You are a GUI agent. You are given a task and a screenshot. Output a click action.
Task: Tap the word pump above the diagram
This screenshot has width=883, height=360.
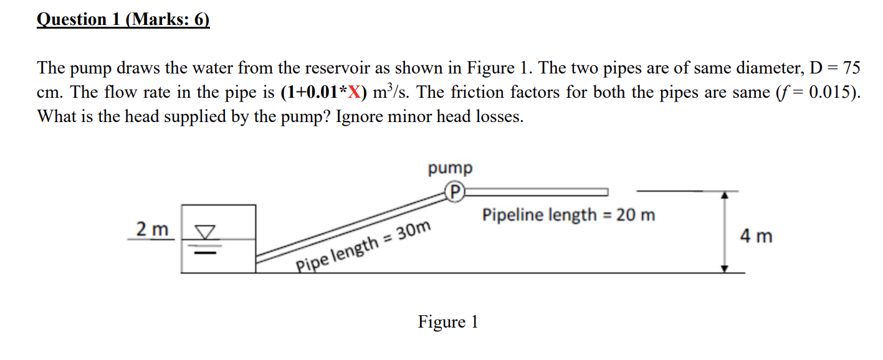tap(450, 168)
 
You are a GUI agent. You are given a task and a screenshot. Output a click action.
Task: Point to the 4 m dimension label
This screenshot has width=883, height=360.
tap(756, 237)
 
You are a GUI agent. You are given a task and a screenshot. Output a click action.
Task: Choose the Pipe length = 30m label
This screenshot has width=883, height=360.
tap(363, 247)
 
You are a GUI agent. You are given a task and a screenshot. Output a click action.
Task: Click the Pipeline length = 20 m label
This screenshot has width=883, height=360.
tap(568, 216)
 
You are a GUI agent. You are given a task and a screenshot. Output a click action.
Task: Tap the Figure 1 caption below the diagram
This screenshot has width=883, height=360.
tap(448, 322)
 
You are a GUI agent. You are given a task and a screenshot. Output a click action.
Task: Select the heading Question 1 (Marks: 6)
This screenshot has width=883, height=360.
tap(123, 19)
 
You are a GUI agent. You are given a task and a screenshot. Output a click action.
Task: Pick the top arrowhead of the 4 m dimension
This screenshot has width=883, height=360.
tap(724, 194)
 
